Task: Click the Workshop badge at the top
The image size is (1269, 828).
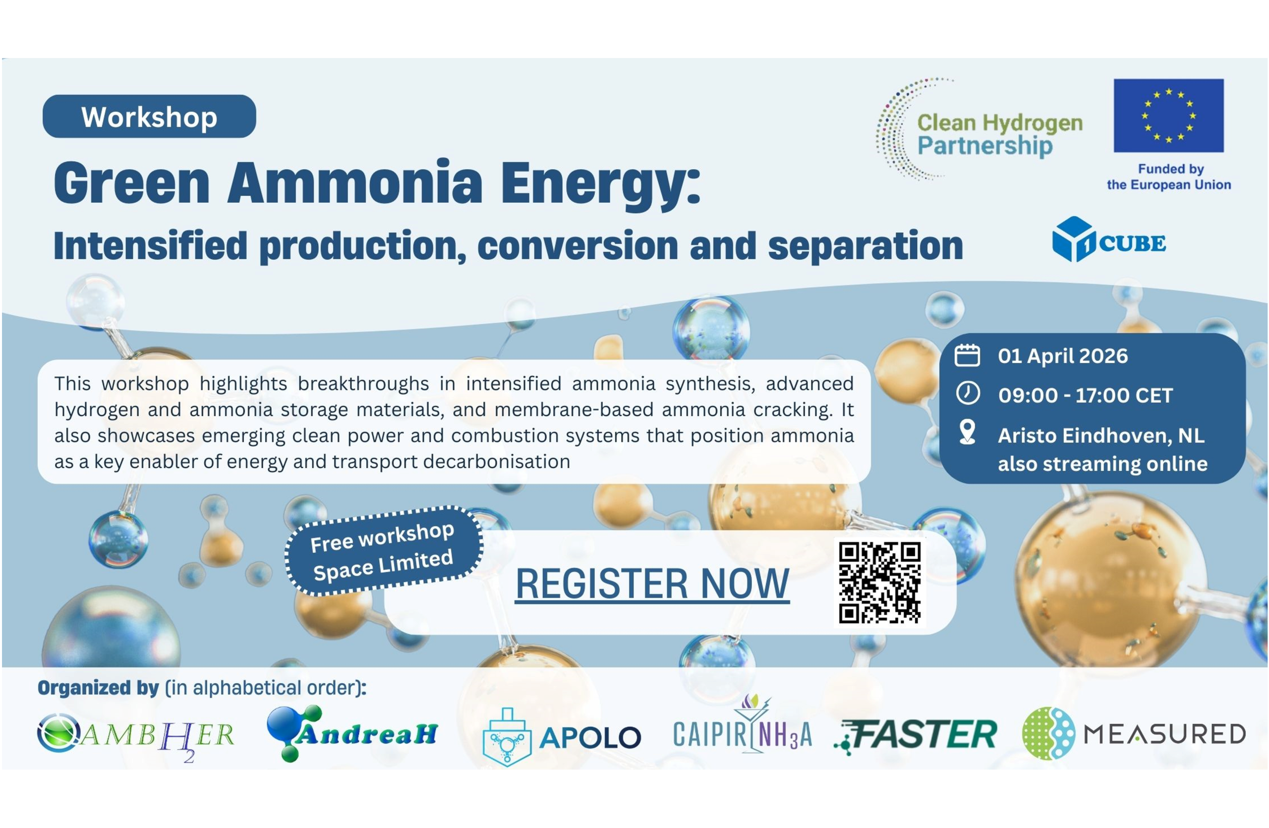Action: click(149, 116)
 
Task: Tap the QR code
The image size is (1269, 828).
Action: click(880, 583)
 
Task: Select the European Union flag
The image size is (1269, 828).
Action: click(1169, 116)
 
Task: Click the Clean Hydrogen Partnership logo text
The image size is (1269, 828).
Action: click(1000, 134)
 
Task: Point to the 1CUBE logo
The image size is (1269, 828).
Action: click(1109, 239)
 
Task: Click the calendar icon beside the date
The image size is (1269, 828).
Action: click(967, 355)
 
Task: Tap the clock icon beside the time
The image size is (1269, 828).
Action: click(968, 394)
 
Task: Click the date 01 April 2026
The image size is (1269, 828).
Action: click(1063, 356)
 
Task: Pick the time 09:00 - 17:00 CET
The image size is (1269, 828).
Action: click(1086, 396)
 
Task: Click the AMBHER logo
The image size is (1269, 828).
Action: click(135, 736)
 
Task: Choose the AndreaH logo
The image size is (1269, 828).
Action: click(352, 733)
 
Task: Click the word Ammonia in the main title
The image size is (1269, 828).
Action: click(355, 182)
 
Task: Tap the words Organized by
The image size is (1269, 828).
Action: click(98, 688)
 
